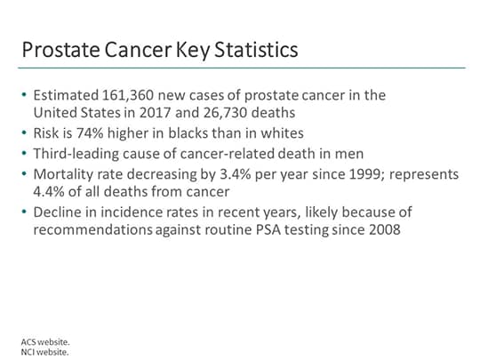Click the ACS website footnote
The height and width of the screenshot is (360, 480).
coord(44,341)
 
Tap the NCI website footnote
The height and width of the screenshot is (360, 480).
coord(44,351)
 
